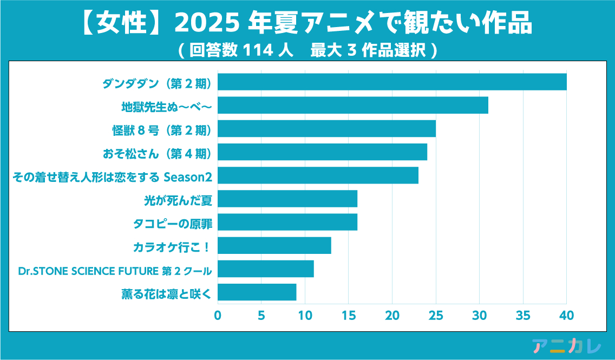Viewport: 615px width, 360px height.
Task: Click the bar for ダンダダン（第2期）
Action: coord(392,82)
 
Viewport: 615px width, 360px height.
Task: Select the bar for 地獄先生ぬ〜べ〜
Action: coord(353,105)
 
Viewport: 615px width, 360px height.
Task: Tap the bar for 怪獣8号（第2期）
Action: coord(326,129)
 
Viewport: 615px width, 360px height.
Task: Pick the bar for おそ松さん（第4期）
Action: coord(322,152)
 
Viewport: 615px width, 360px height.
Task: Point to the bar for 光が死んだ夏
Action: coord(287,199)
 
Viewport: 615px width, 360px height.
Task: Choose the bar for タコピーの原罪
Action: coord(287,222)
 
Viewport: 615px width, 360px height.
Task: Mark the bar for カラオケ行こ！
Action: coord(274,246)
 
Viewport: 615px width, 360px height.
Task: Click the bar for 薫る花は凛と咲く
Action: coord(257,292)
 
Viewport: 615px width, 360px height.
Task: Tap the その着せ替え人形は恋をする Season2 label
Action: coord(112,176)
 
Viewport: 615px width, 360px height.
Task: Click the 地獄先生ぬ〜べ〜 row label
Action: coord(166,107)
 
